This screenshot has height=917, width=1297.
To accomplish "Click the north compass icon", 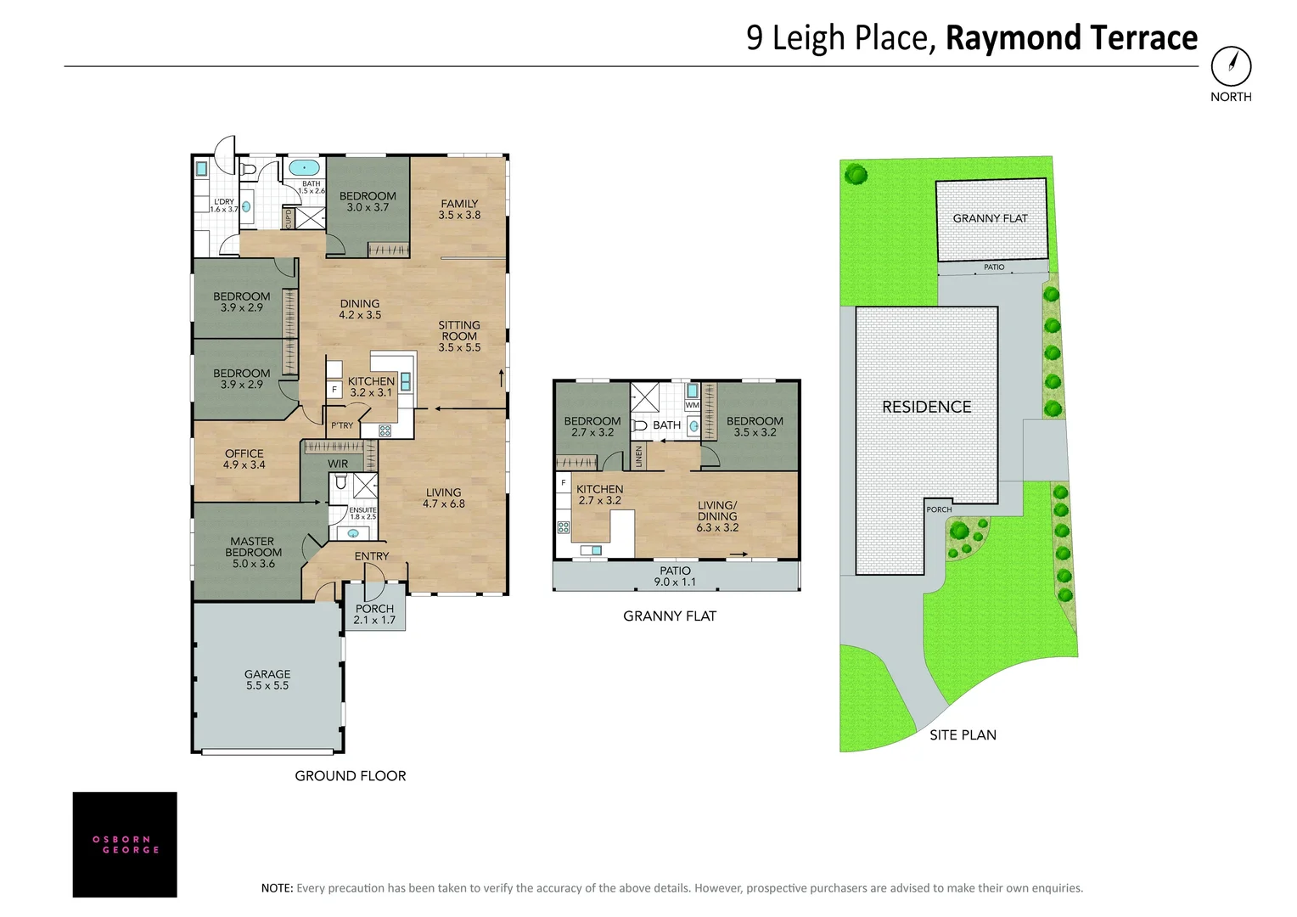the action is [1231, 65].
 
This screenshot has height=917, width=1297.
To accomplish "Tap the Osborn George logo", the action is [125, 844].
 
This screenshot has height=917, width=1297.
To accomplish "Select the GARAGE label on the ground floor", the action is [267, 679].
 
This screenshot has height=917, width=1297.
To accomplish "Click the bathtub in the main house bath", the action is [303, 166].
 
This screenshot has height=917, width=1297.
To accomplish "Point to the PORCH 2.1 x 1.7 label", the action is [374, 614].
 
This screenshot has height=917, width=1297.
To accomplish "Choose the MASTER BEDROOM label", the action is [253, 552].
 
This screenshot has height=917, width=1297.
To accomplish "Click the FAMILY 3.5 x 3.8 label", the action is [459, 209].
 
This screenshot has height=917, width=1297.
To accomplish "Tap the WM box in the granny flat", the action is [692, 405].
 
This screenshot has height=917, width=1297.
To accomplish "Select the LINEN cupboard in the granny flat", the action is [639, 457].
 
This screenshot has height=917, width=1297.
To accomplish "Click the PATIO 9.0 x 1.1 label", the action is [675, 576].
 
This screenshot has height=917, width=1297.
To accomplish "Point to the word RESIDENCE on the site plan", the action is [926, 408].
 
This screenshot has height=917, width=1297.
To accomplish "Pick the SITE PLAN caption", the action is [963, 735].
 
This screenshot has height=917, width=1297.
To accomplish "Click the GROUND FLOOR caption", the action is [350, 776].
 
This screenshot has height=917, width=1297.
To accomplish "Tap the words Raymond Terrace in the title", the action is [1071, 38].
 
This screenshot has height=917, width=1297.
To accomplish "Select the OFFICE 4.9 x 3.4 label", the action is [244, 458].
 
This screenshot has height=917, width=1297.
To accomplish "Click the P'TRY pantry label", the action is [342, 425].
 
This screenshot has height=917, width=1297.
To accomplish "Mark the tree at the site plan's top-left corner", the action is [856, 175].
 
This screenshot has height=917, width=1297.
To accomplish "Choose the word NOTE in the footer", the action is [277, 888].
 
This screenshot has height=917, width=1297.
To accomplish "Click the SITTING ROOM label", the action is [459, 336].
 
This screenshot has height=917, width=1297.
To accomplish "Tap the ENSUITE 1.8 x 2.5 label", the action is [363, 513].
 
